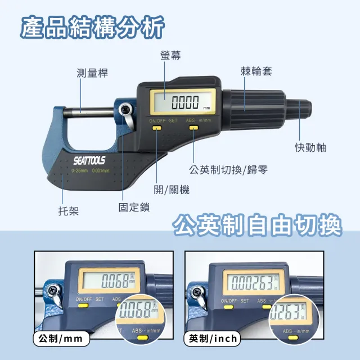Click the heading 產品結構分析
[x=93, y=26]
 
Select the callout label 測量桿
[x=92, y=73]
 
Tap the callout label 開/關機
[x=172, y=190]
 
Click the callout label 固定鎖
[x=134, y=207]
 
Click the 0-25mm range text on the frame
[x=80, y=170]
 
